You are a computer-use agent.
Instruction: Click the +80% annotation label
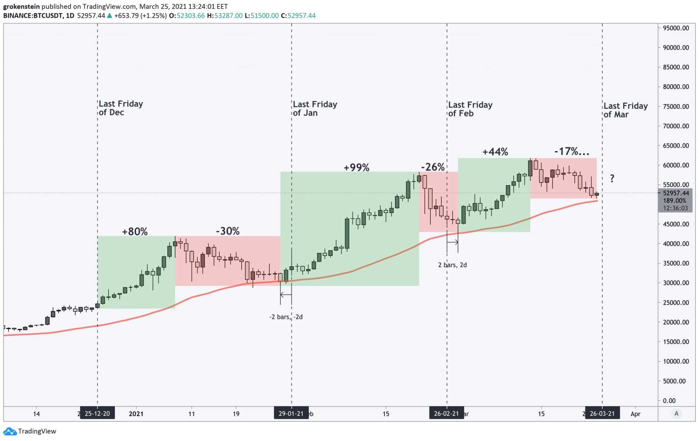pos(135,232)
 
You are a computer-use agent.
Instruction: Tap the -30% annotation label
pos(228,231)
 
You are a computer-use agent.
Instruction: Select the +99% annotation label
pos(356,168)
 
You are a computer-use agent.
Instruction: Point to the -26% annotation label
pos(433,167)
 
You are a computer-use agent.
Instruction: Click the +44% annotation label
pos(495,152)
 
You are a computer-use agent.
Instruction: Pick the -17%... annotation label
pos(572,152)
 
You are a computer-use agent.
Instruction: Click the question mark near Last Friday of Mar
pos(612,178)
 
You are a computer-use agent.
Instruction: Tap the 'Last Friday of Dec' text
pos(121,108)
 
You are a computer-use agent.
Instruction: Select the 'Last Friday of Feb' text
pos(470,109)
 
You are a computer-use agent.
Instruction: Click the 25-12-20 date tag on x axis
pos(97,414)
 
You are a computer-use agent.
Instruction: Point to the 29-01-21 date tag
pos(291,414)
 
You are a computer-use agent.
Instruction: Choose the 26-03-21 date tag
pos(602,414)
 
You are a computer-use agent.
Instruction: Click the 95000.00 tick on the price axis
pos(676,28)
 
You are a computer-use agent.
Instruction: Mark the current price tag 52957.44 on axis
pos(675,193)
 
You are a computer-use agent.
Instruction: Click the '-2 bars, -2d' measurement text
pos(286,317)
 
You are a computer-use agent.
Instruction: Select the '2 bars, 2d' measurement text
pos(452,265)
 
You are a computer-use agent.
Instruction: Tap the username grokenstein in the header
pos(22,6)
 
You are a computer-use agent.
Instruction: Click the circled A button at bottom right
pos(676,414)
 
